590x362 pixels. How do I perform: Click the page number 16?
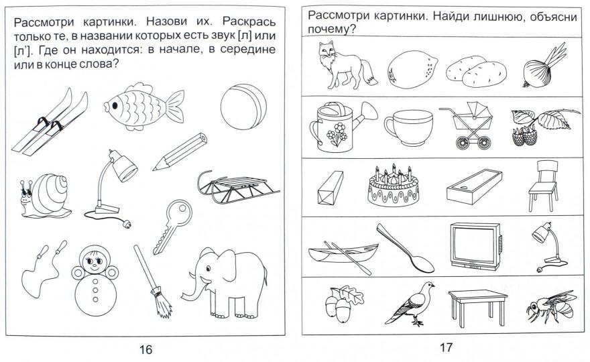pos(145,348)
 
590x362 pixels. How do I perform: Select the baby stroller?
pos(465,125)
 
